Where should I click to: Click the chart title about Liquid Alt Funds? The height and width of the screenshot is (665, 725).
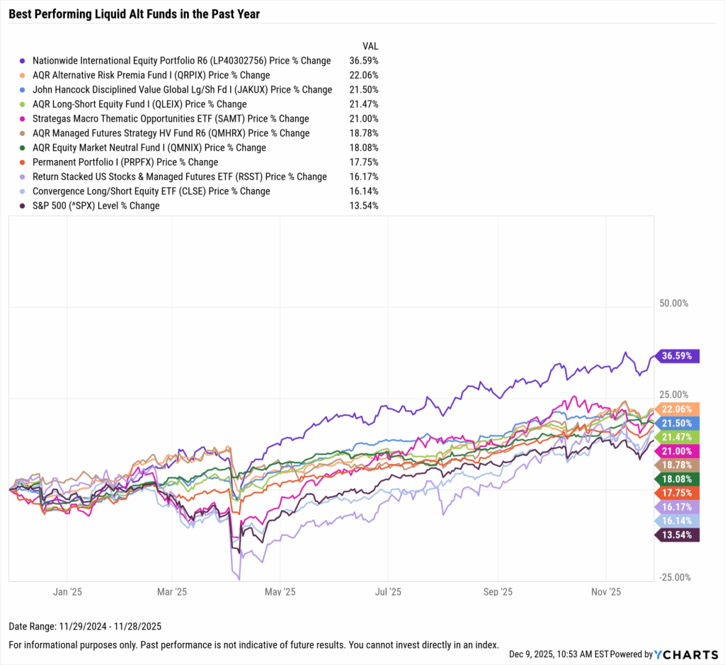click(x=134, y=14)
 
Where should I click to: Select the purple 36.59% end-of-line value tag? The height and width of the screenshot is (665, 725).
click(x=678, y=356)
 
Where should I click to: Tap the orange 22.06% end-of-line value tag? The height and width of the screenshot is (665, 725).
click(x=678, y=409)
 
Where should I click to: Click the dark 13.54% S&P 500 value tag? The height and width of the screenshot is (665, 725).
click(x=678, y=534)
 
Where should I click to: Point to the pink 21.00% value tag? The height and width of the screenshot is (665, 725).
click(x=678, y=451)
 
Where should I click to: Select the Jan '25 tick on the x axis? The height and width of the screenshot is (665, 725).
click(x=69, y=591)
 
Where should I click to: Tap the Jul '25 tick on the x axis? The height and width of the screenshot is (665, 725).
click(x=387, y=591)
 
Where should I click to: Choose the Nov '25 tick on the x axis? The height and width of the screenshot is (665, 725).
click(x=605, y=591)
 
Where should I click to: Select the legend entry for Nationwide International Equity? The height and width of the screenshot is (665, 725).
click(x=181, y=61)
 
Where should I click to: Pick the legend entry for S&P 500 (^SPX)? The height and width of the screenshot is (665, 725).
click(x=96, y=206)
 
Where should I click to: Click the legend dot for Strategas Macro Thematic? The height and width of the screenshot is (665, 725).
click(x=23, y=119)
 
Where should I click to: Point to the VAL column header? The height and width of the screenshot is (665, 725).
click(x=370, y=46)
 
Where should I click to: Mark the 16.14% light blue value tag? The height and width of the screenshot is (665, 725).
click(x=678, y=520)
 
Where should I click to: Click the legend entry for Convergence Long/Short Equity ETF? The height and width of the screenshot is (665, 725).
click(x=151, y=191)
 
